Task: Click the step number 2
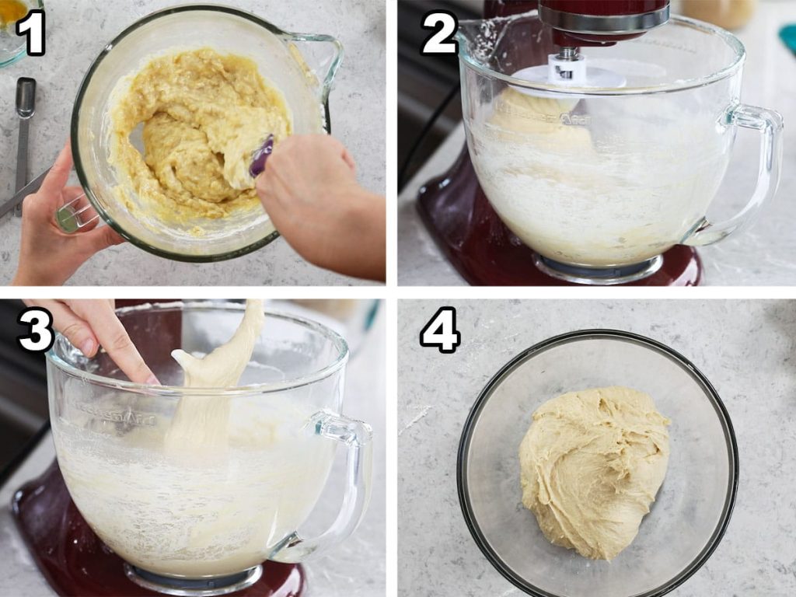[440, 33]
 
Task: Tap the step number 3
[36, 330]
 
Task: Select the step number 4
[440, 330]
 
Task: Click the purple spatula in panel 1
[261, 155]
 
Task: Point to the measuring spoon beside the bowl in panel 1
[23, 142]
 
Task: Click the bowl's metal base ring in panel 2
[599, 267]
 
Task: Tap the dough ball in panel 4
[594, 472]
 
